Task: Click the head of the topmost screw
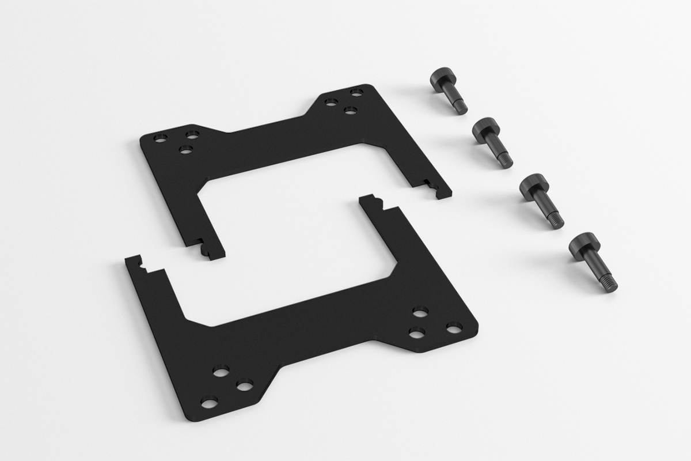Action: point(440,80)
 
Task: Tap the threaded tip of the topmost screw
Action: point(461,107)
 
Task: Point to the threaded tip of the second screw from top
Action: point(506,161)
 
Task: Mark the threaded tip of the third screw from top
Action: point(556,221)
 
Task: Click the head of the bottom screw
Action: point(583,245)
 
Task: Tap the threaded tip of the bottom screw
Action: point(610,284)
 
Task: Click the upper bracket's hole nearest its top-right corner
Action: point(356,92)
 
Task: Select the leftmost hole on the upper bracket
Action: point(161,138)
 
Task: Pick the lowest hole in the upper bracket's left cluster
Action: point(185,150)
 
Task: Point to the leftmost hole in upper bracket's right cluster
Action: point(331,103)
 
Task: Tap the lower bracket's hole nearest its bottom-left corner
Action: point(209,401)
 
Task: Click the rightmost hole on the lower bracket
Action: point(454,328)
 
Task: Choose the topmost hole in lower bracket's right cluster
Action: point(420,312)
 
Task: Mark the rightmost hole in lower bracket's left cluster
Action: point(244,384)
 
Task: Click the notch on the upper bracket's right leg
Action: point(428,183)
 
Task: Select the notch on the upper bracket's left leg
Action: point(200,241)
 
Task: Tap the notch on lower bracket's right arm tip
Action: point(377,201)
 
